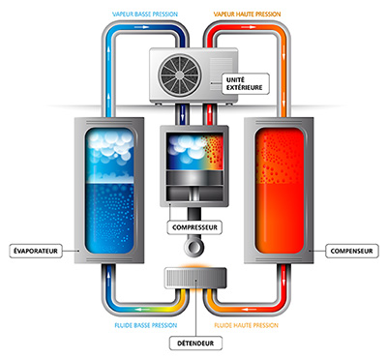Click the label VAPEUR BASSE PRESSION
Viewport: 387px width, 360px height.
pyautogui.click(x=145, y=15)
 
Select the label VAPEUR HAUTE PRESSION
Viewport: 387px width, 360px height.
pyautogui.click(x=247, y=15)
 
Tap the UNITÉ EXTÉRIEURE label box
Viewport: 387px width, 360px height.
pyautogui.click(x=246, y=84)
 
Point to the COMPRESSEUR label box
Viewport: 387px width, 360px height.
pyautogui.click(x=194, y=227)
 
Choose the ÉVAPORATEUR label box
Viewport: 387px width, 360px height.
pyautogui.click(x=36, y=251)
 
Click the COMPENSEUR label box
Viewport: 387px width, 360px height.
pyautogui.click(x=351, y=251)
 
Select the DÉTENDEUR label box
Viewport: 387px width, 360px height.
pyautogui.click(x=195, y=344)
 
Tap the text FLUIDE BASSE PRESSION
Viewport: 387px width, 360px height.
pyautogui.click(x=146, y=325)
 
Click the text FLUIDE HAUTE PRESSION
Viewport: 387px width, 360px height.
pyautogui.click(x=246, y=325)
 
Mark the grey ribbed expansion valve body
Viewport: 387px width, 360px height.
pyautogui.click(x=195, y=278)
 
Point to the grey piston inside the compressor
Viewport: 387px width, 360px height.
pyautogui.click(x=194, y=178)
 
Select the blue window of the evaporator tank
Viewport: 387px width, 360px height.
pyautogui.click(x=109, y=191)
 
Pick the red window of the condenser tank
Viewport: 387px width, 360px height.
pyautogui.click(x=280, y=191)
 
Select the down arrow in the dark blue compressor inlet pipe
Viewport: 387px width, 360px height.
pyautogui.click(x=182, y=114)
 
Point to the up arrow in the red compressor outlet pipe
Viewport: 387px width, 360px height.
pyautogui.click(x=209, y=114)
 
